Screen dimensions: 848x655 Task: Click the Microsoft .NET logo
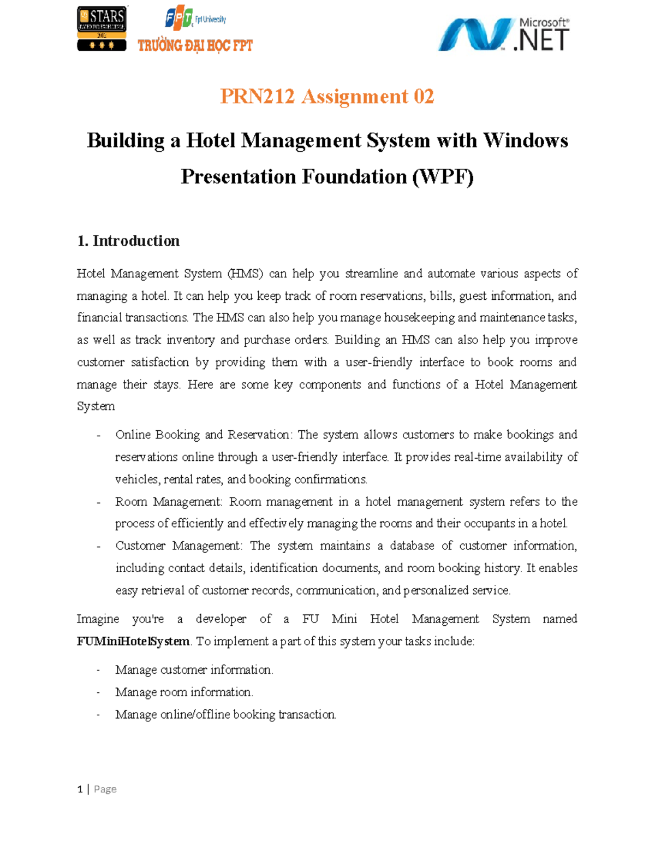click(503, 34)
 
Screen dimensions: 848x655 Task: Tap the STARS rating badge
click(102, 28)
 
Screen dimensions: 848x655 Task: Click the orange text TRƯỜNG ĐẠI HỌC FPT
click(195, 45)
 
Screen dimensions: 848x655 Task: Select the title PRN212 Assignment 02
click(327, 97)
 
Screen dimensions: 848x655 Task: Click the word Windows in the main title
click(525, 141)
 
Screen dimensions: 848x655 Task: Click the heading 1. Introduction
click(128, 241)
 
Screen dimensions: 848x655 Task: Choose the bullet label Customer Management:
click(178, 546)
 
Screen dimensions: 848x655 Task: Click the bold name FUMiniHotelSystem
click(133, 641)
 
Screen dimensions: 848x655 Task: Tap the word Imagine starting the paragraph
click(98, 619)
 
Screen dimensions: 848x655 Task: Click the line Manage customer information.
click(194, 670)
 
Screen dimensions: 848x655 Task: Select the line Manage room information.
click(184, 692)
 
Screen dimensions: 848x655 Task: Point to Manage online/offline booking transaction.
click(225, 715)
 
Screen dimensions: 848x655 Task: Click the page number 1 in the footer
click(80, 789)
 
